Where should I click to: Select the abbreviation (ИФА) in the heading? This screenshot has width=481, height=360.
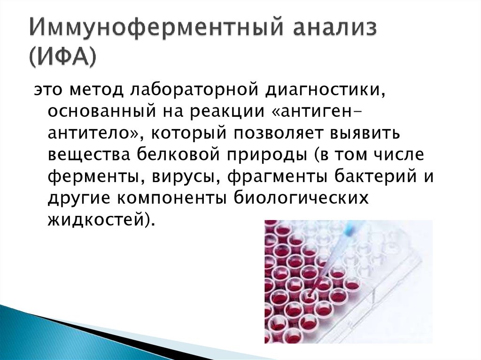tap(63, 57)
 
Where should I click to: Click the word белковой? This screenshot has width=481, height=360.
tap(178, 154)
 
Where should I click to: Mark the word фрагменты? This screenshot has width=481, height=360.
tap(277, 177)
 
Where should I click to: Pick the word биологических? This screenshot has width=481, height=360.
tap(301, 198)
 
